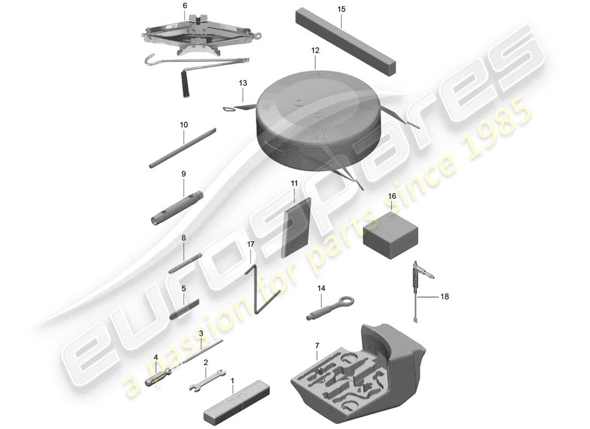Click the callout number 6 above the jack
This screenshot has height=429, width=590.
(185, 5)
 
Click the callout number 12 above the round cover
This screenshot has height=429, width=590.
(315, 51)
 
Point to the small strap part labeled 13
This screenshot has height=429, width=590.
(236, 106)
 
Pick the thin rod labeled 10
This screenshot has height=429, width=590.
(182, 147)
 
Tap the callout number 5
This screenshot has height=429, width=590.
(183, 289)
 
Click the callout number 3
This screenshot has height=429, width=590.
(201, 334)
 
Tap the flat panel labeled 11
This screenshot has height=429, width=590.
(296, 228)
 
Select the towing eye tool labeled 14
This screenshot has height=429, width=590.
(327, 308)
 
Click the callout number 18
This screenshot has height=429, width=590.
(445, 296)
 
